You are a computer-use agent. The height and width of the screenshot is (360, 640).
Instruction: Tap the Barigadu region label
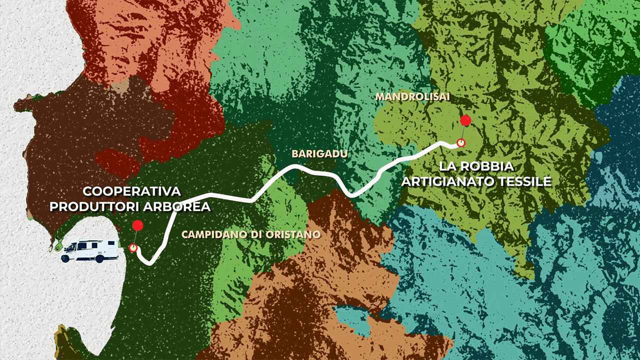click(x=319, y=154)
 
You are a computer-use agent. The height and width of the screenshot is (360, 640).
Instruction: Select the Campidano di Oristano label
click(x=251, y=234)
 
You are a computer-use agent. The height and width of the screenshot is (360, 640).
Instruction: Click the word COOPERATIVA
click(x=132, y=191)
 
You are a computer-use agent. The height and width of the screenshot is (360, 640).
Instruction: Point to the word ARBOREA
click(x=178, y=206)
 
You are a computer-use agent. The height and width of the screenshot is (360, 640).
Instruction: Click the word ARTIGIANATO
click(x=447, y=181)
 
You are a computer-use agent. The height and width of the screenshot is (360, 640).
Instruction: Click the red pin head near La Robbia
click(x=465, y=120)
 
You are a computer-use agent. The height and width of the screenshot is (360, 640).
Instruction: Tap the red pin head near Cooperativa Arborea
click(x=138, y=226)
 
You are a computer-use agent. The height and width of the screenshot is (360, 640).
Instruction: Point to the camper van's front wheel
click(x=65, y=258)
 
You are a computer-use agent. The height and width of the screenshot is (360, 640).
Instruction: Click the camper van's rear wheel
click(x=99, y=258)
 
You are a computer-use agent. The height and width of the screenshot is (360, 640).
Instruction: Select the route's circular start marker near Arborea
click(x=133, y=247)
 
